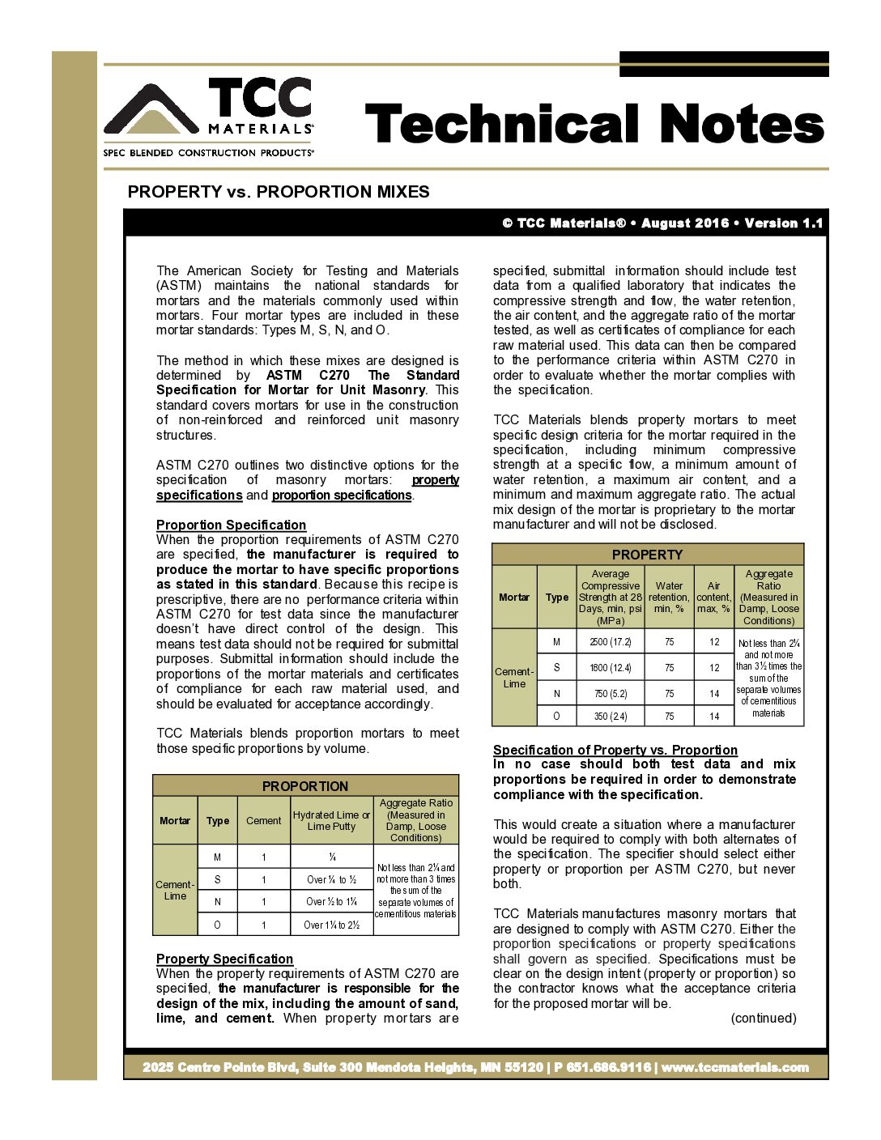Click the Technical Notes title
click(x=594, y=124)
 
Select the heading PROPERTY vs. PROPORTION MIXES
click(x=279, y=192)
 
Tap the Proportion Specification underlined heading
click(x=231, y=525)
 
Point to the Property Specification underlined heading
click(x=224, y=959)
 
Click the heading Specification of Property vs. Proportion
click(x=615, y=750)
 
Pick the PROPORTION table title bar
click(x=305, y=785)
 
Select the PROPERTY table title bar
click(x=647, y=555)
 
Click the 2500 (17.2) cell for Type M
click(x=611, y=642)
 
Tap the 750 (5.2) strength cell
click(x=611, y=694)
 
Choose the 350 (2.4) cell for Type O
click(x=611, y=717)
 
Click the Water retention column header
click(x=669, y=597)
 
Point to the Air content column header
click(x=713, y=597)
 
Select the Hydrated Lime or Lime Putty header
click(x=331, y=820)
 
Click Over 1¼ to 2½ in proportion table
click(x=331, y=925)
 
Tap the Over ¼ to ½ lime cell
click(x=331, y=879)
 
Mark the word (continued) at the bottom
click(x=763, y=1018)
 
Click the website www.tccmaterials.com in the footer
click(x=735, y=1067)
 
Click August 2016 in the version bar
click(x=685, y=223)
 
